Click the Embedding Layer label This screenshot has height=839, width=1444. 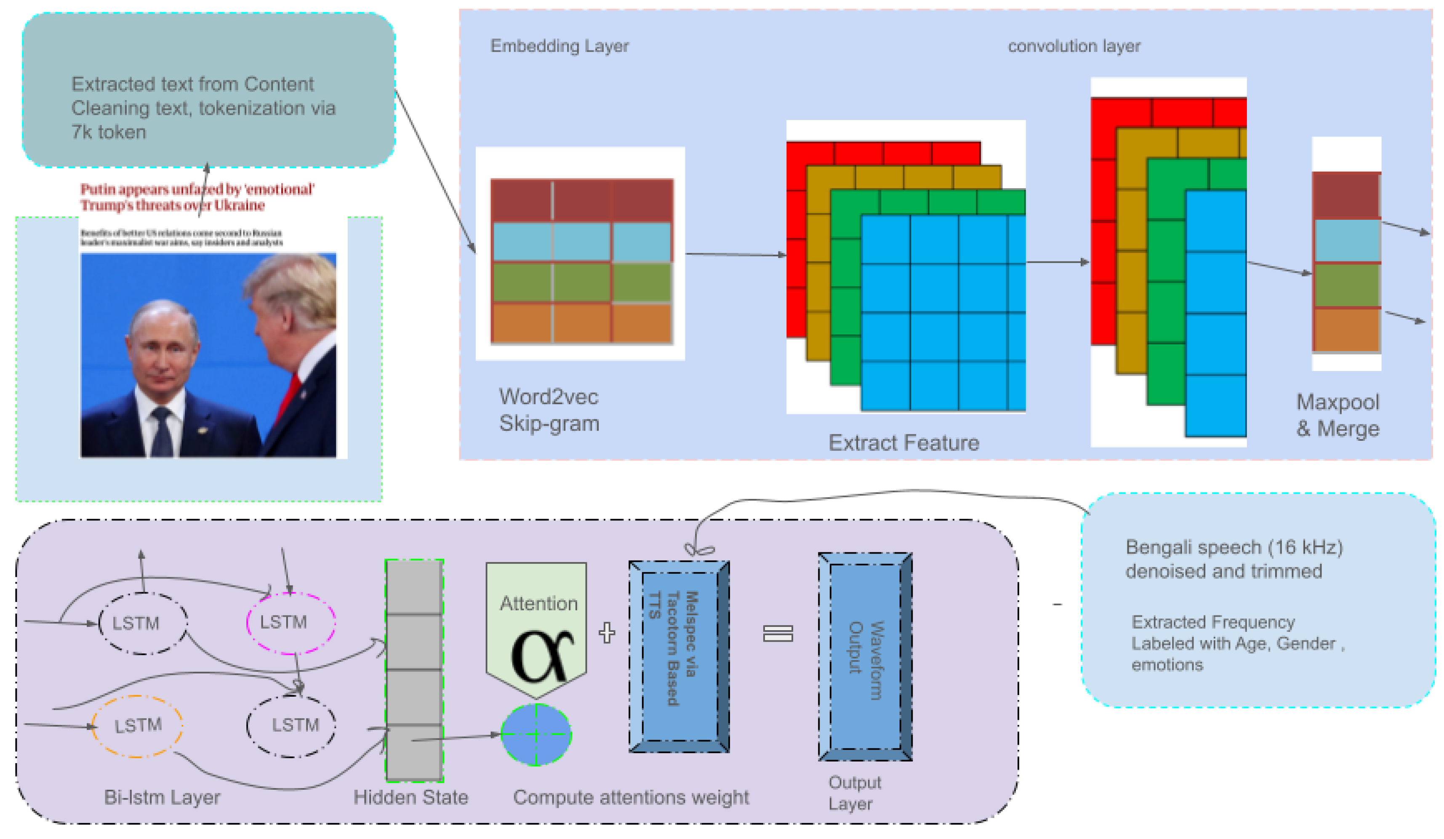click(x=559, y=46)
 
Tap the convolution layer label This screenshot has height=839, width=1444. click(x=1074, y=46)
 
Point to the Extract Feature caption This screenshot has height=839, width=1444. click(x=903, y=443)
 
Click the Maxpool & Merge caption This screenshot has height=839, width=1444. click(x=1337, y=416)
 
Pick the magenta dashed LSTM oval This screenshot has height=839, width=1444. click(x=290, y=622)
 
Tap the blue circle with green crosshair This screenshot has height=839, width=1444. click(x=536, y=735)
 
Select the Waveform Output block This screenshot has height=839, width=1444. click(x=865, y=657)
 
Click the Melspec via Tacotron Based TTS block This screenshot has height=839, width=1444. click(x=679, y=657)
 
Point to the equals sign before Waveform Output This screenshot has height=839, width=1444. click(x=778, y=633)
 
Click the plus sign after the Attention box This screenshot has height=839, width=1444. click(x=606, y=633)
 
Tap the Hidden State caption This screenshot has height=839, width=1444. click(x=410, y=797)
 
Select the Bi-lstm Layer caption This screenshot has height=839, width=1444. click(x=162, y=797)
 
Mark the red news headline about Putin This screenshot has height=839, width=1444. click(x=197, y=197)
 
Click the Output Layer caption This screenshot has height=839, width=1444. click(x=854, y=793)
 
